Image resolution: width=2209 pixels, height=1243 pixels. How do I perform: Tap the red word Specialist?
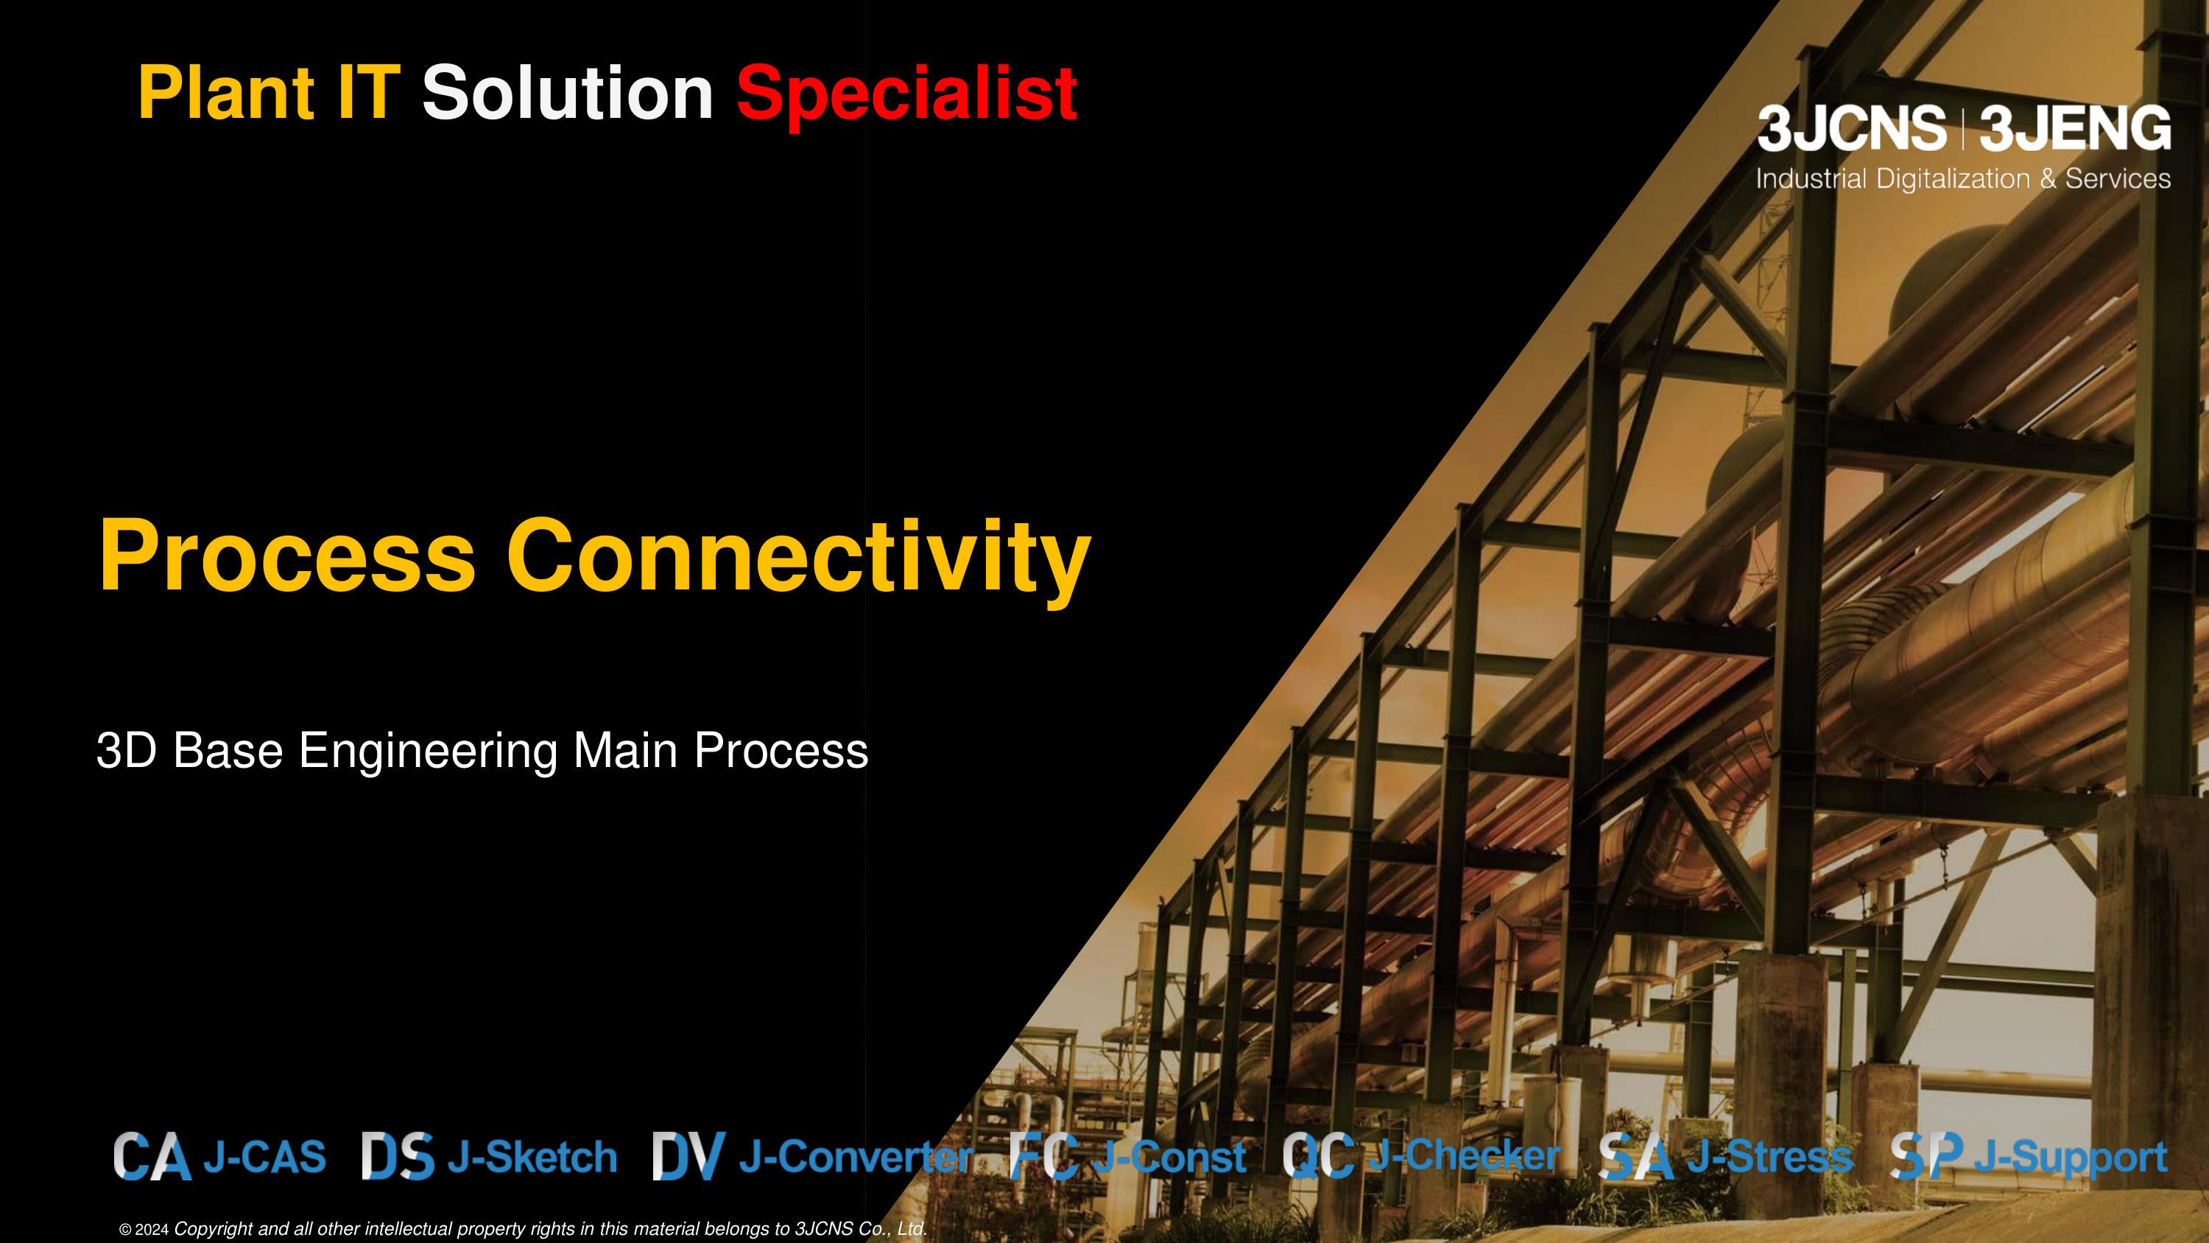click(906, 94)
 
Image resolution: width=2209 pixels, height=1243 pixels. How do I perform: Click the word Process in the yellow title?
click(287, 556)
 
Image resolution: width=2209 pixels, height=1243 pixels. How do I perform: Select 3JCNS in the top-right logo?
click(1850, 130)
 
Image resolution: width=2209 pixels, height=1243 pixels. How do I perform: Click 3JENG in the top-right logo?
click(2075, 130)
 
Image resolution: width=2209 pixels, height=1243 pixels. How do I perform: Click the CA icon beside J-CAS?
click(152, 1156)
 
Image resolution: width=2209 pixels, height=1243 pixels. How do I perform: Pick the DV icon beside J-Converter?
click(688, 1156)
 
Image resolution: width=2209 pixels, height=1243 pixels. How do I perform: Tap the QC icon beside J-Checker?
click(1318, 1156)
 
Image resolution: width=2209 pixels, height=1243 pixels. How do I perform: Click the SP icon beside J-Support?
click(1926, 1156)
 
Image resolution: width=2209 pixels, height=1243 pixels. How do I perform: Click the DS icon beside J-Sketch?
click(397, 1156)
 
